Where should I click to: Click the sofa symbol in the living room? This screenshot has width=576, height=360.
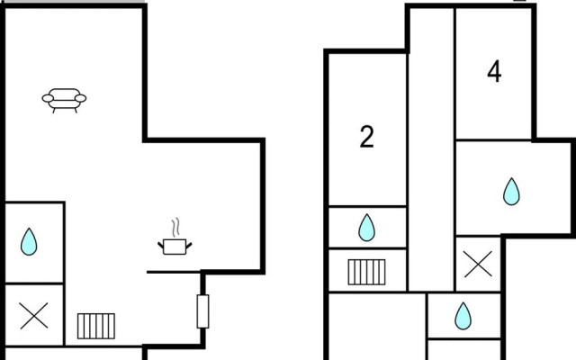pos(64,99)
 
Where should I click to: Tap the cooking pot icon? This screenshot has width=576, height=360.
pos(175,247)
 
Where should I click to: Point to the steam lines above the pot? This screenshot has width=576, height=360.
pos(176,228)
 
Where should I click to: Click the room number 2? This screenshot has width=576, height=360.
pos(366,137)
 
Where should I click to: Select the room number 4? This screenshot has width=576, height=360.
pos(494,72)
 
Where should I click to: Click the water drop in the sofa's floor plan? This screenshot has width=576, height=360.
pos(29,241)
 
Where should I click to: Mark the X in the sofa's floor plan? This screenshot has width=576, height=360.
pos(34,316)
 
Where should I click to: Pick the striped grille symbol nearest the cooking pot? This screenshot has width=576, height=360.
pos(96,326)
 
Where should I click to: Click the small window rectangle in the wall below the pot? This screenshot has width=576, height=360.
pos(202,311)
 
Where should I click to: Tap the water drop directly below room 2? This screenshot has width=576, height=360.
pos(366,228)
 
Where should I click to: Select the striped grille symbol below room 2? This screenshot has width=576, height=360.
pos(367,272)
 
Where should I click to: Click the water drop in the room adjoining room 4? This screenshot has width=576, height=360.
pos(511,192)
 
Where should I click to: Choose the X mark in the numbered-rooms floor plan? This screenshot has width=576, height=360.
pos(478,264)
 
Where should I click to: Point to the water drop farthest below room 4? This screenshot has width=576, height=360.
pos(463,316)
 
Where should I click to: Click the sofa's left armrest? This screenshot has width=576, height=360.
pos(48,98)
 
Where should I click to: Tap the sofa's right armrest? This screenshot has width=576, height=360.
pos(80,98)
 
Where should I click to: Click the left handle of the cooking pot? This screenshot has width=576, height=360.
pos(161,245)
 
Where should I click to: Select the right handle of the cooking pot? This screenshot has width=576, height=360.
pos(189,245)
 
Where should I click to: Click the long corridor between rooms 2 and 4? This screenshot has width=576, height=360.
pos(432,148)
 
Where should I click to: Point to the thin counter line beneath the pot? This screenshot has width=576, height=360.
pos(174,272)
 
